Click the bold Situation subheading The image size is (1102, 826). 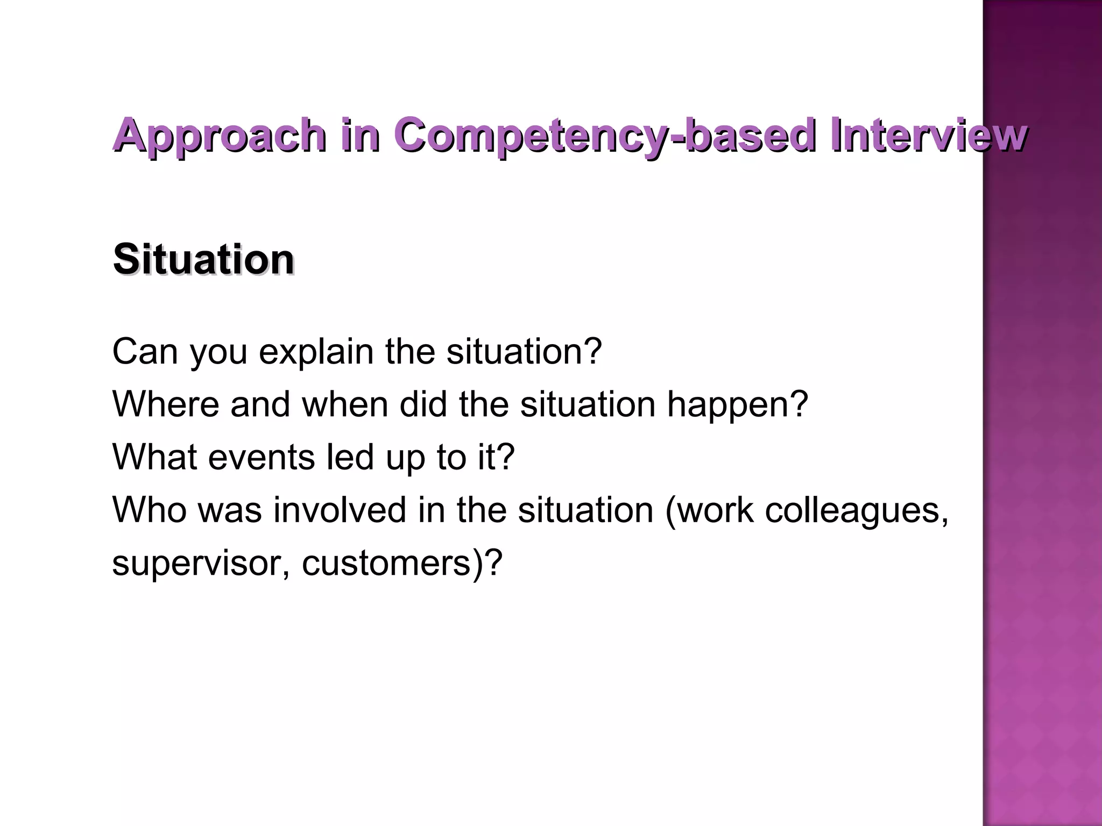pos(204,260)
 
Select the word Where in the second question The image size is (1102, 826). pos(166,404)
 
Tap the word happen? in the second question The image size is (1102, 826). pos(737,405)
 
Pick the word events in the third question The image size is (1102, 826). pos(262,457)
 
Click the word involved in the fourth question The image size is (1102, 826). pos(340,510)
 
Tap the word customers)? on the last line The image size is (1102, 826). pos(402,564)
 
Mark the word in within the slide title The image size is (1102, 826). pos(361,136)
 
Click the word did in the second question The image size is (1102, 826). pos(423,404)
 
